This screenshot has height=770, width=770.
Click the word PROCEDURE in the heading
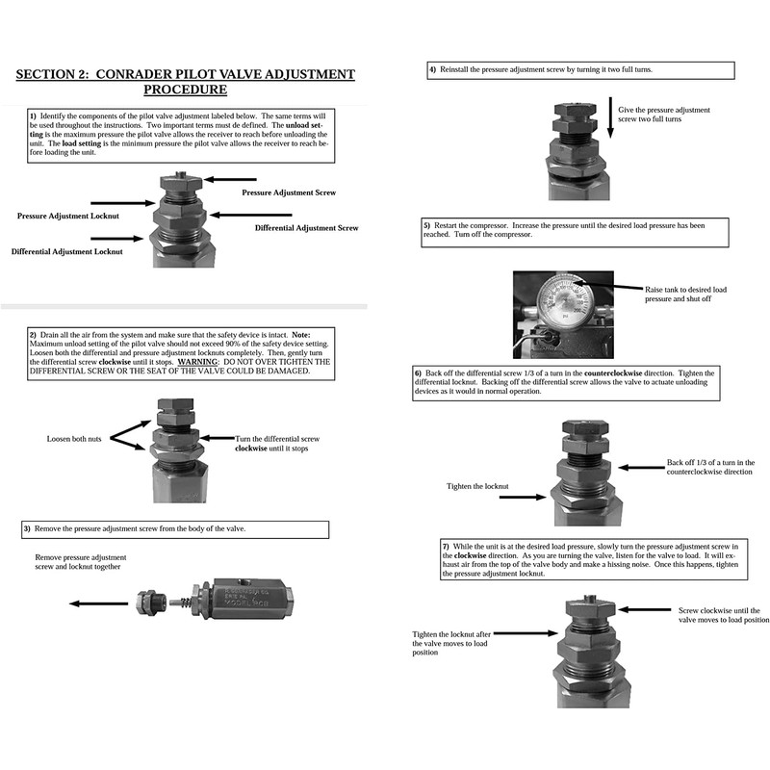pos(185,90)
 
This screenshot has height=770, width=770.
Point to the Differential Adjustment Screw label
pos(306,228)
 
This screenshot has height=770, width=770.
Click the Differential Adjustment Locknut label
pos(67,251)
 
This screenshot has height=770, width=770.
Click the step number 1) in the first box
pos(33,115)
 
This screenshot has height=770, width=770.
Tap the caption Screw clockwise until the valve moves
pos(723,615)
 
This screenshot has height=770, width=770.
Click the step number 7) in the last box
pos(445,546)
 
